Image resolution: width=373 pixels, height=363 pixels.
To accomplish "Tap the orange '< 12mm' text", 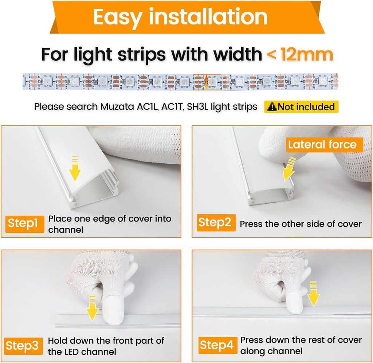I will (x=300, y=54).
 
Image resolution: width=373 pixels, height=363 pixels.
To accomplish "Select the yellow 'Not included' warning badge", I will (x=301, y=107).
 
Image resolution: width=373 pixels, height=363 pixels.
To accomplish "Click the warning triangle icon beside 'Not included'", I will (x=272, y=107).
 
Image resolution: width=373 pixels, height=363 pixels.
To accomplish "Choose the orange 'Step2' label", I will (x=215, y=223).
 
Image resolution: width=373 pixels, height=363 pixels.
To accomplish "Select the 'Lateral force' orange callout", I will (x=322, y=144).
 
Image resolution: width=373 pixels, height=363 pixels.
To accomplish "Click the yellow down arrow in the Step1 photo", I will (x=75, y=169).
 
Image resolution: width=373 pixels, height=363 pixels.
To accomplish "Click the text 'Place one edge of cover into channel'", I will (x=109, y=224).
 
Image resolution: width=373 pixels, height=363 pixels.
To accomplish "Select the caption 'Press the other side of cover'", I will (x=301, y=224).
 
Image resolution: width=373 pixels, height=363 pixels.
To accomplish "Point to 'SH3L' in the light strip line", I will (x=197, y=107).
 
